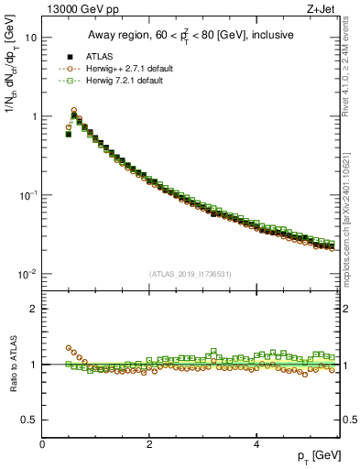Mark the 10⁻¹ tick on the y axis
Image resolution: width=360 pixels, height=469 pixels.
point(28,195)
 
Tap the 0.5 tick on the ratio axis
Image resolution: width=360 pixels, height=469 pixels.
point(30,420)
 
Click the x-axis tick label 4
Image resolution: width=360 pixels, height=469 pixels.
point(256,444)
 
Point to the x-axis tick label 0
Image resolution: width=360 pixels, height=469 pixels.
point(42,444)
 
